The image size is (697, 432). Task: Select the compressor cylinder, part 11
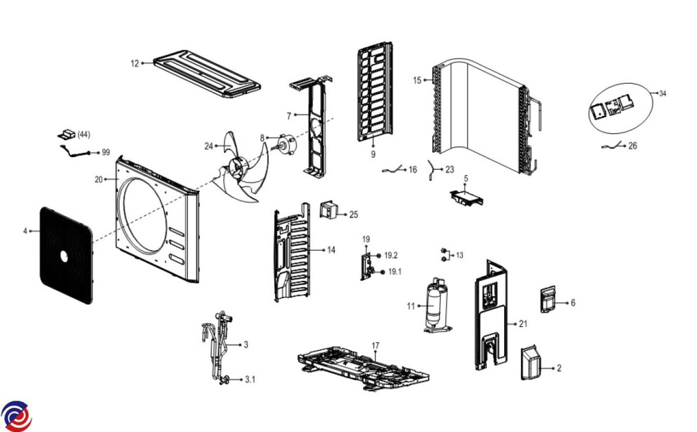click(x=433, y=305)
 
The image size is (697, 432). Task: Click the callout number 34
click(x=662, y=93)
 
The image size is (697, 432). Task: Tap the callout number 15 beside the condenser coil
click(x=417, y=80)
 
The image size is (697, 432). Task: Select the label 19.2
click(x=391, y=256)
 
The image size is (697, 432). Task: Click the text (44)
click(x=83, y=134)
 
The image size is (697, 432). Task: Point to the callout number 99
click(x=106, y=152)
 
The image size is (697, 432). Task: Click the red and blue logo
click(x=16, y=416)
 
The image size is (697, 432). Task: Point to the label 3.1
click(x=250, y=380)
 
